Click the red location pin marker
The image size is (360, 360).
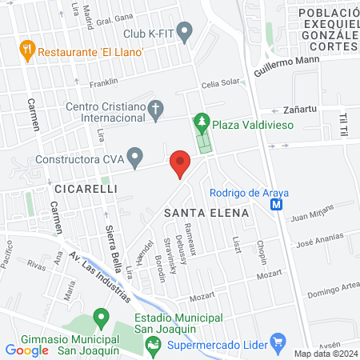pos(180,163)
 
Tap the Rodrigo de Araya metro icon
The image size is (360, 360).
pos(277,204)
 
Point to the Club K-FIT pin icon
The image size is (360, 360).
pos(186,34)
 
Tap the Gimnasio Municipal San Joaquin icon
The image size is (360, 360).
pos(101,318)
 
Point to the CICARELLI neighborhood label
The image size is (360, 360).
pos(86,189)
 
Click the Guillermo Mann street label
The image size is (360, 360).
pos(286,64)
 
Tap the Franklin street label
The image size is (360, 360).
pos(103,82)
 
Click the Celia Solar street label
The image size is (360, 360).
pos(220,83)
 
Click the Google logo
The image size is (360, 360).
pos(27,350)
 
